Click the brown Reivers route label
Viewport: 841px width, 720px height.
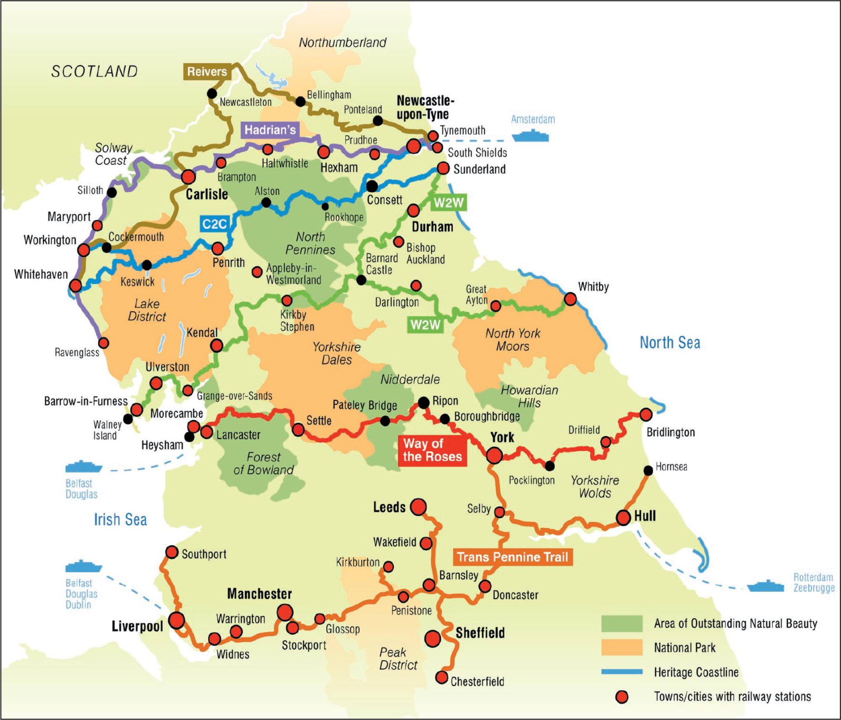207,72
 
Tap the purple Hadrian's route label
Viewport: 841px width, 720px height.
270,130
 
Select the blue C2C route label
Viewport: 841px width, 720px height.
214,224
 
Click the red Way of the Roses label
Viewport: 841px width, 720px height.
432,450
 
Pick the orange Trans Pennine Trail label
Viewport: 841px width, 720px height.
513,557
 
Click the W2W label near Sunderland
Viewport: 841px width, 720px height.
449,203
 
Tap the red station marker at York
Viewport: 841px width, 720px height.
495,455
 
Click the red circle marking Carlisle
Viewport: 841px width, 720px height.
188,177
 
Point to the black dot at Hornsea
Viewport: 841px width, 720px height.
648,471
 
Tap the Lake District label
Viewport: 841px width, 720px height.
147,310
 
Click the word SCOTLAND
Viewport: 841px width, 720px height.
95,71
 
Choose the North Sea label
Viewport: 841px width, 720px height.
670,343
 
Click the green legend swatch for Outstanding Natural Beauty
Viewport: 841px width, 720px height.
622,624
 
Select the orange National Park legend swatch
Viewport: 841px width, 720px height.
622,648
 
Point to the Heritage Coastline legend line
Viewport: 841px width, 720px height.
622,672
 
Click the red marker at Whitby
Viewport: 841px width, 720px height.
570,299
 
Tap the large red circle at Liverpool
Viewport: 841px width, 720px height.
177,620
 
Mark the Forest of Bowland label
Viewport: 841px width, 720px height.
264,463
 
